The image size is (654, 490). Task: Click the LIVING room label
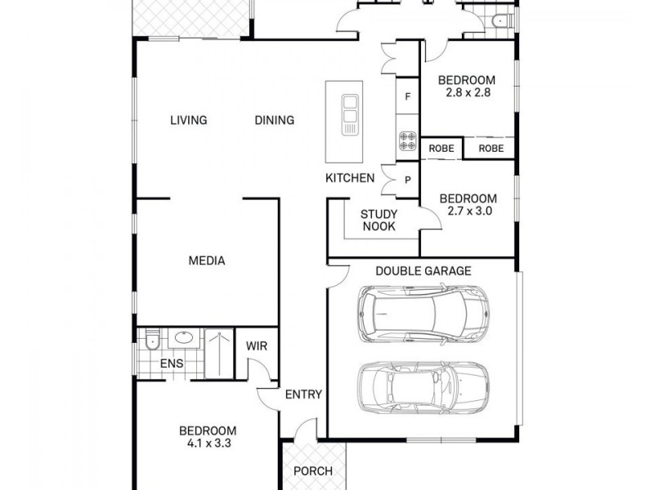[x=189, y=120]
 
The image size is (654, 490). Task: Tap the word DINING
[x=275, y=120]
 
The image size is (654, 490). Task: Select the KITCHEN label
[x=350, y=178]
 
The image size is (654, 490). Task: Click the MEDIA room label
[x=207, y=261]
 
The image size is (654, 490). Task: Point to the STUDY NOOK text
[x=379, y=220]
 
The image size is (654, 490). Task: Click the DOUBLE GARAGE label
[x=423, y=271]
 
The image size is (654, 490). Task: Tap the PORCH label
[x=313, y=471]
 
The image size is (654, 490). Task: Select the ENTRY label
[x=303, y=394]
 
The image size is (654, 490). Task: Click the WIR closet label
[x=257, y=345]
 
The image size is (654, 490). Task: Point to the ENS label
[x=172, y=363]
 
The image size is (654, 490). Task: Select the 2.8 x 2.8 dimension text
[x=468, y=92]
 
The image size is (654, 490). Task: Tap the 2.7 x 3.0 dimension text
[x=469, y=211]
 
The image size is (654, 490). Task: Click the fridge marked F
[x=408, y=96]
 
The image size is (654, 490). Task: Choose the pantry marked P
[x=408, y=180]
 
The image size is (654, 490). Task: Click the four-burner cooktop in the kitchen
[x=407, y=140]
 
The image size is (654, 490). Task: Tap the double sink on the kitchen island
[x=350, y=115]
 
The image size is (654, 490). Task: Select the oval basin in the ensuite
[x=183, y=337]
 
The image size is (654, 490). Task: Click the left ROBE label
[x=441, y=149]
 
